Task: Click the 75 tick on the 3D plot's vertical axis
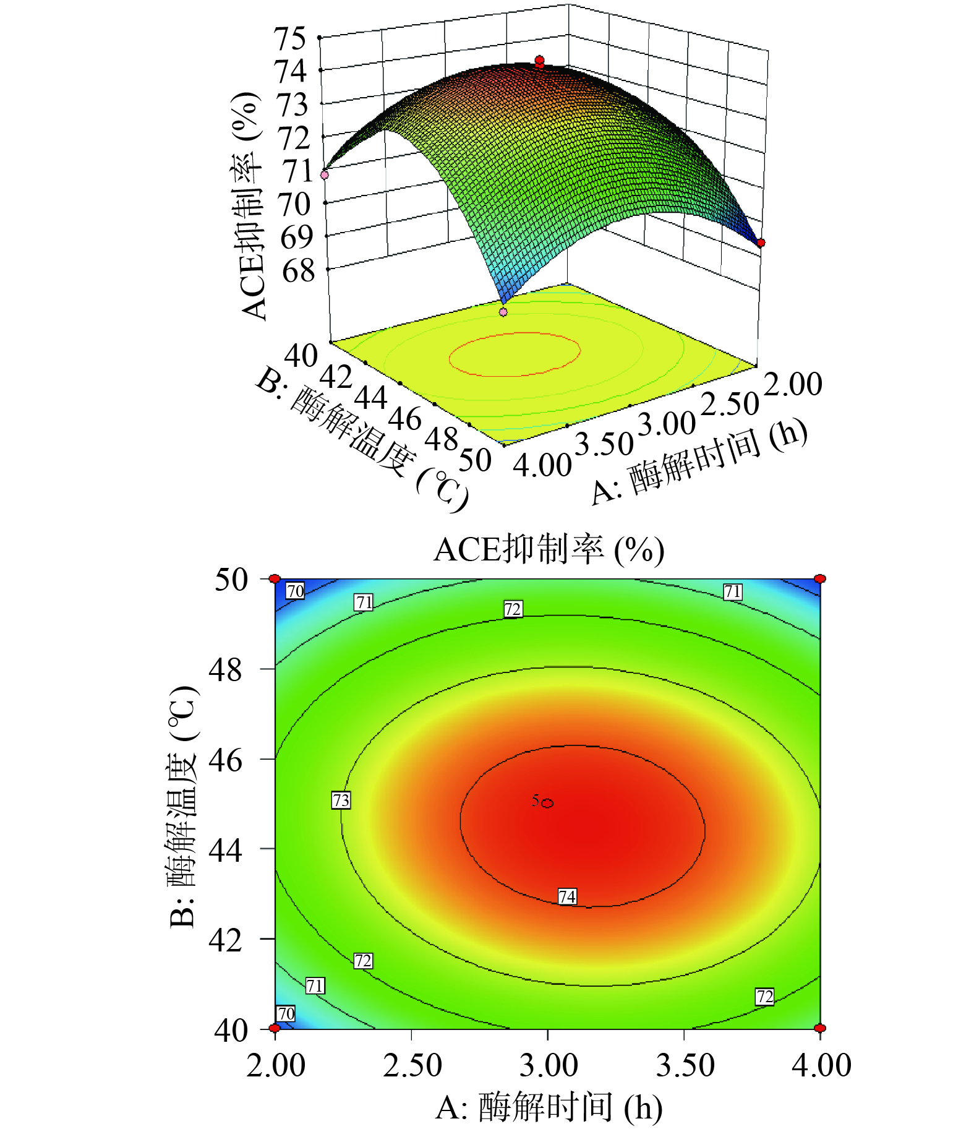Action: point(291,39)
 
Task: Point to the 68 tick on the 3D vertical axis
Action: point(299,271)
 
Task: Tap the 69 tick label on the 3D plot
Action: point(297,238)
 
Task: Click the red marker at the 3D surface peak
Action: point(539,61)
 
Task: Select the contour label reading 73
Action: point(341,800)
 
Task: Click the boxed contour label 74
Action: point(567,896)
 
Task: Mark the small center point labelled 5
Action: point(547,803)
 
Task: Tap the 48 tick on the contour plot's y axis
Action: point(226,669)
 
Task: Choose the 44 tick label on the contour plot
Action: point(226,850)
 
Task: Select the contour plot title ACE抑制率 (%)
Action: point(549,549)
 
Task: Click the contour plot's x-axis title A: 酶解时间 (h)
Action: point(549,1107)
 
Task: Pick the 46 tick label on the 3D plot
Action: point(405,419)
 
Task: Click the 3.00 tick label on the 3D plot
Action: point(667,424)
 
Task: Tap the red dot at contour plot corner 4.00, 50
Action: point(820,579)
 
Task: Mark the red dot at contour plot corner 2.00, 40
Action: point(275,1028)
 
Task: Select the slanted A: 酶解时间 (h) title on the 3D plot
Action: point(699,461)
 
